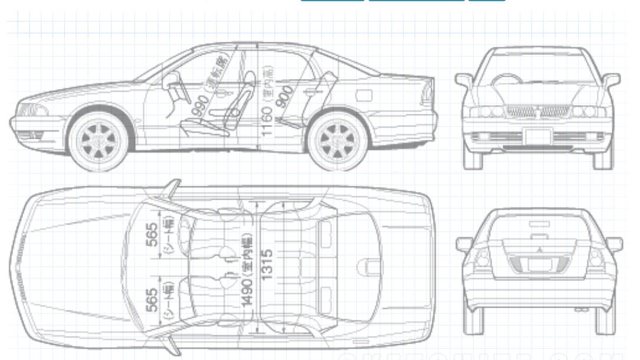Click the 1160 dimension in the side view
pos(267,120)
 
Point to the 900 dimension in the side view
pos(286,98)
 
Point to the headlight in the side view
pos(31,110)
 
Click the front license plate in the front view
pos(537,136)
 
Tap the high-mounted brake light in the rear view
pos(539,224)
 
